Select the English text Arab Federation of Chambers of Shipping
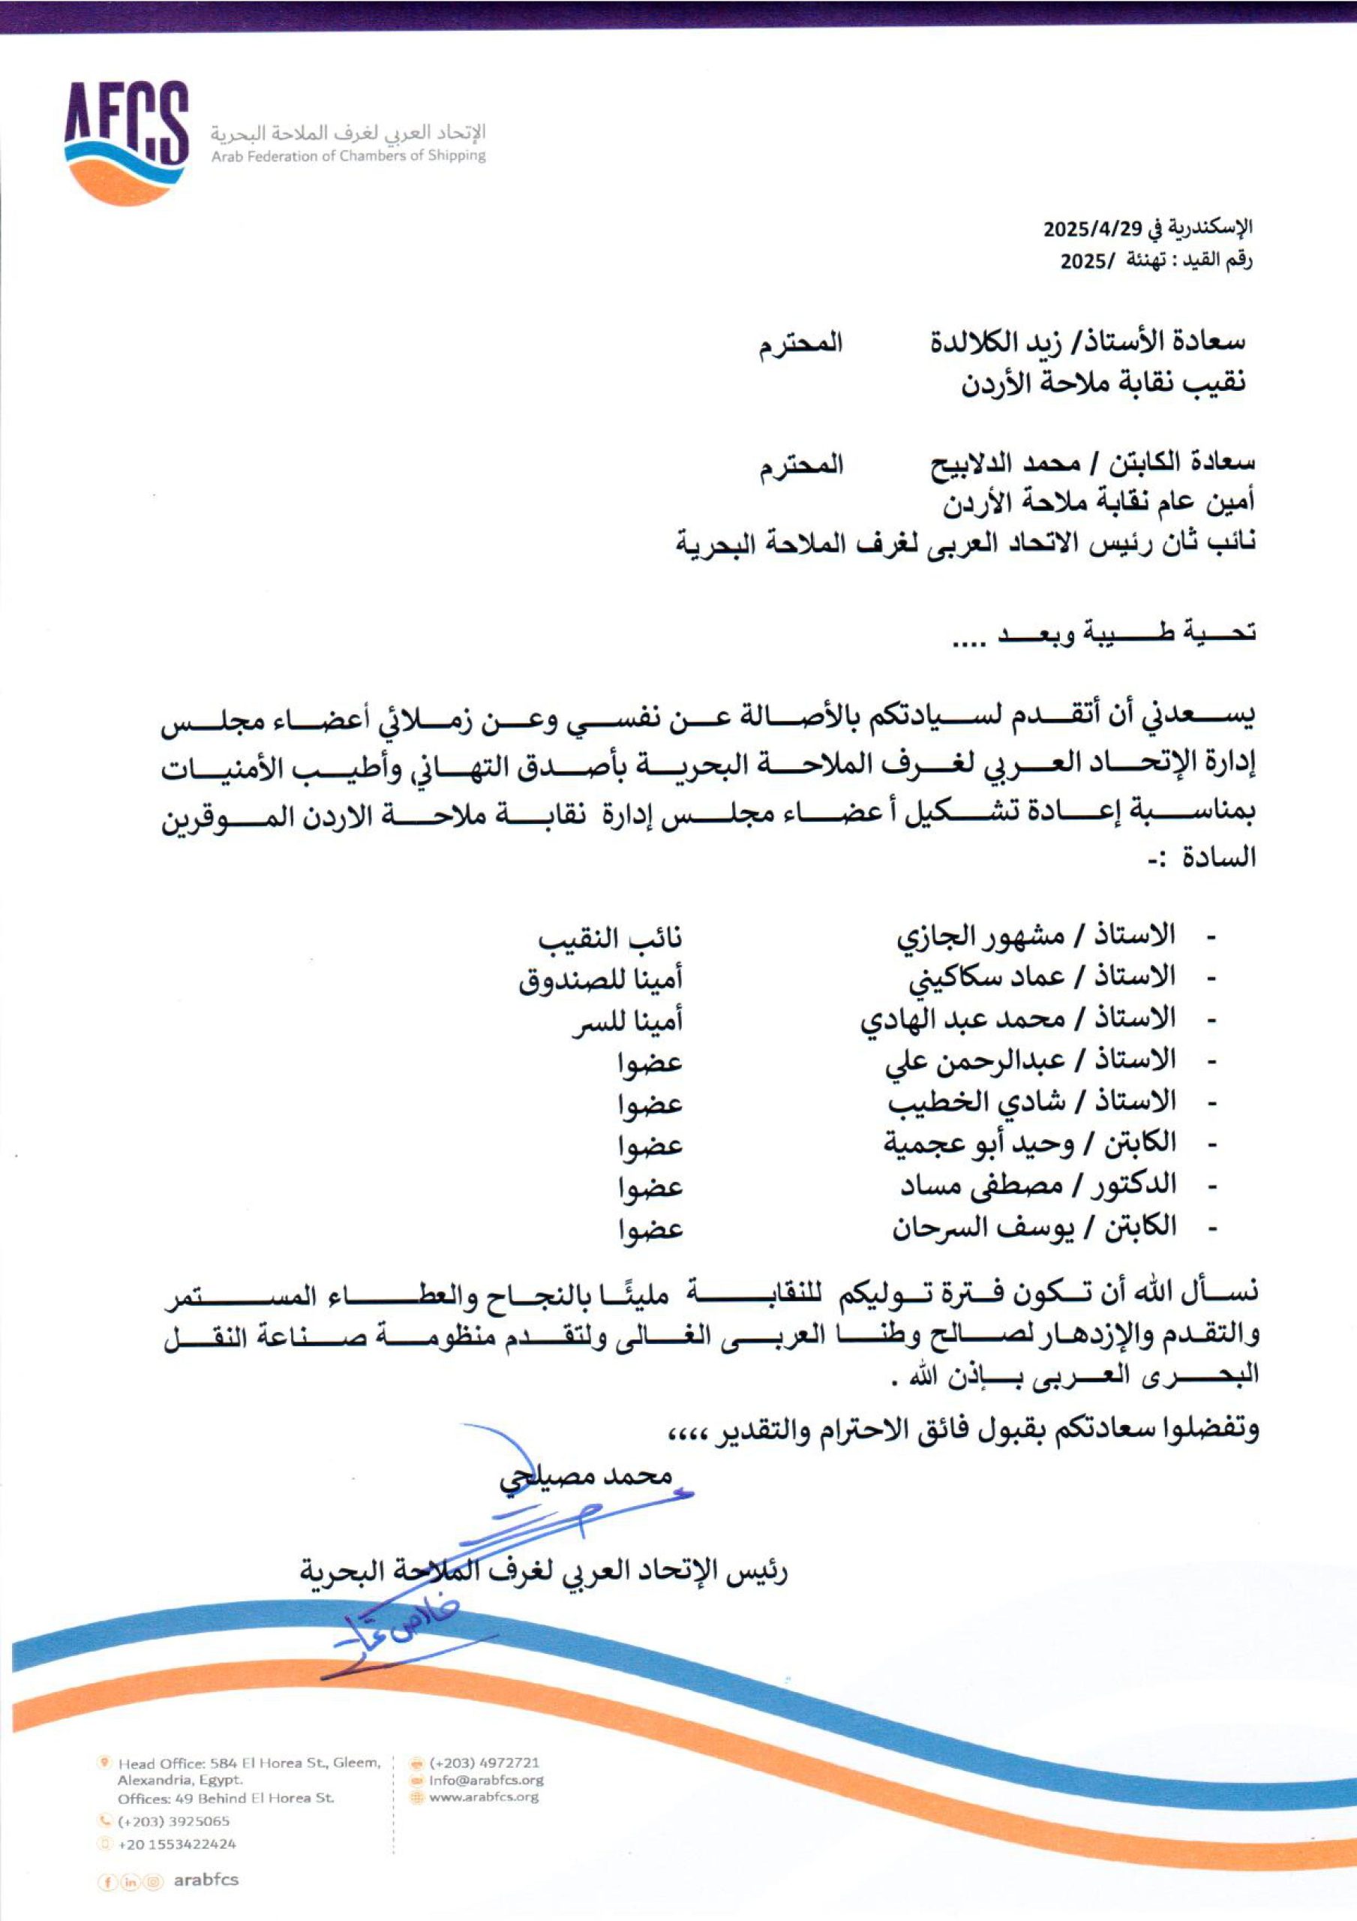pos(348,155)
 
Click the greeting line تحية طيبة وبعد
pos(1104,633)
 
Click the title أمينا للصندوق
pos(600,979)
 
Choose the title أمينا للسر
pos(627,1021)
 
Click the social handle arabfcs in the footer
pos(206,1879)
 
